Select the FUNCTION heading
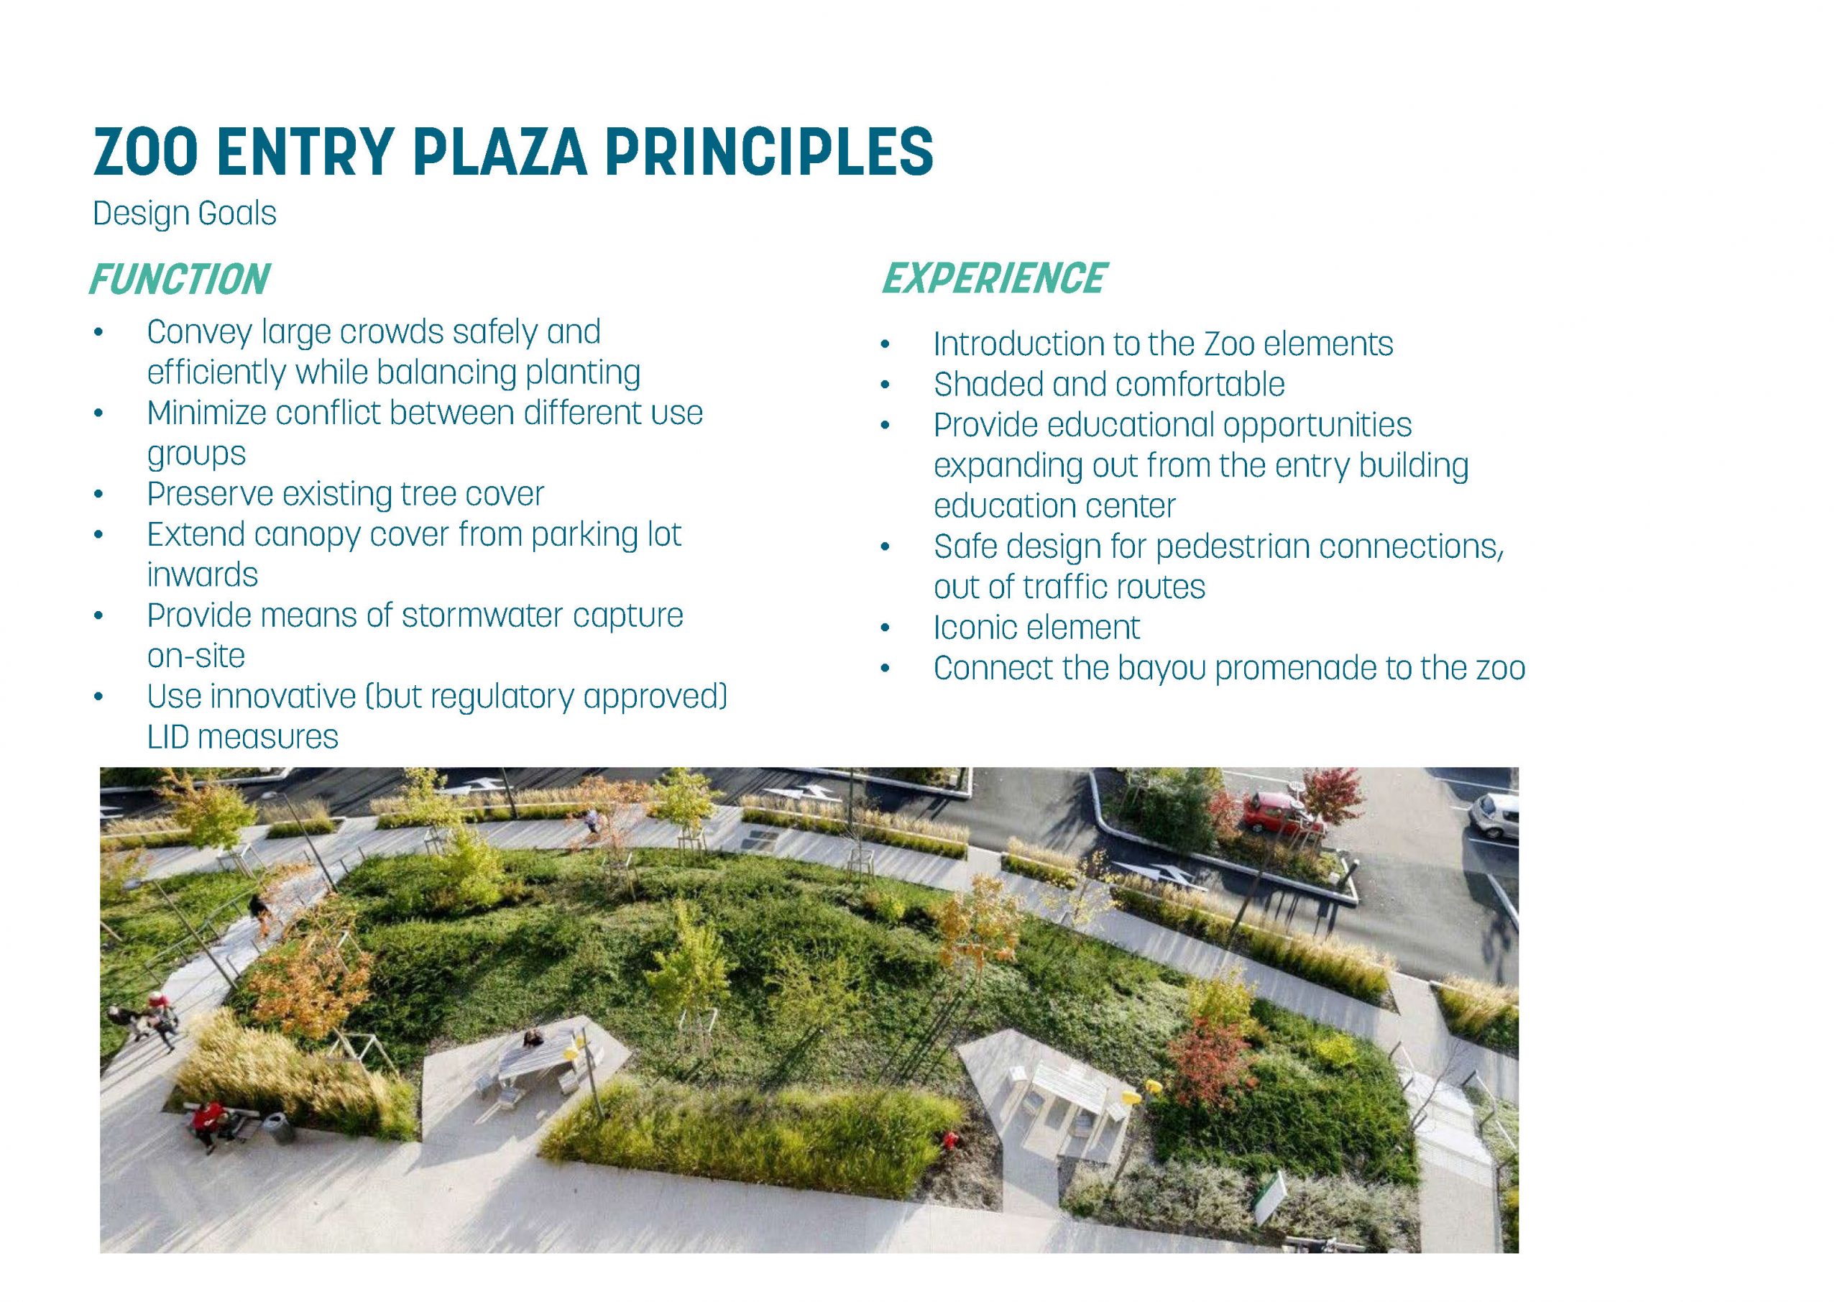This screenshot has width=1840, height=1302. pyautogui.click(x=180, y=280)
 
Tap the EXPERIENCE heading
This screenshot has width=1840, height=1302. pyautogui.click(x=994, y=278)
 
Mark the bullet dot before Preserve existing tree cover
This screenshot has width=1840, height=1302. pyautogui.click(x=98, y=495)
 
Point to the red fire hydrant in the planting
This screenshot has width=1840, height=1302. pyautogui.click(x=950, y=1140)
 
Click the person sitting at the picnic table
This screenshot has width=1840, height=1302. pyautogui.click(x=531, y=1040)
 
